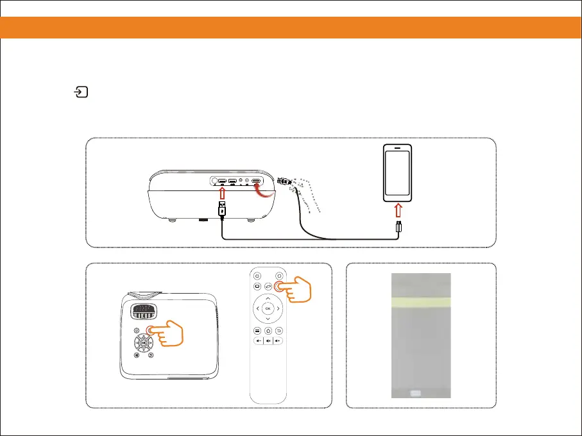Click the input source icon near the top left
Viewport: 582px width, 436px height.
[x=80, y=93]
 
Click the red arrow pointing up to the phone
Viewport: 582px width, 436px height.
[x=397, y=210]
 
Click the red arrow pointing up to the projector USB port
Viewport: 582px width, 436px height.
[x=221, y=191]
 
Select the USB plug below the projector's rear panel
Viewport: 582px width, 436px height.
[x=221, y=209]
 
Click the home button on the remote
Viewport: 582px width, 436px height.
[x=268, y=330]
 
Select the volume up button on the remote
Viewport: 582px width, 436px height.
[x=278, y=341]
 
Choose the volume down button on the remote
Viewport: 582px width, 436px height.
[x=257, y=341]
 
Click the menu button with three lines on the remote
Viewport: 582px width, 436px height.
[x=257, y=330]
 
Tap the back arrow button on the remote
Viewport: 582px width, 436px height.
[x=278, y=330]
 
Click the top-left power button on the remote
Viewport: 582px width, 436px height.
[x=257, y=276]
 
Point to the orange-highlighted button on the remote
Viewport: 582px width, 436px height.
[x=278, y=287]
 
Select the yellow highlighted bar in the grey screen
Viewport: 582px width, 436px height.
[x=421, y=302]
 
